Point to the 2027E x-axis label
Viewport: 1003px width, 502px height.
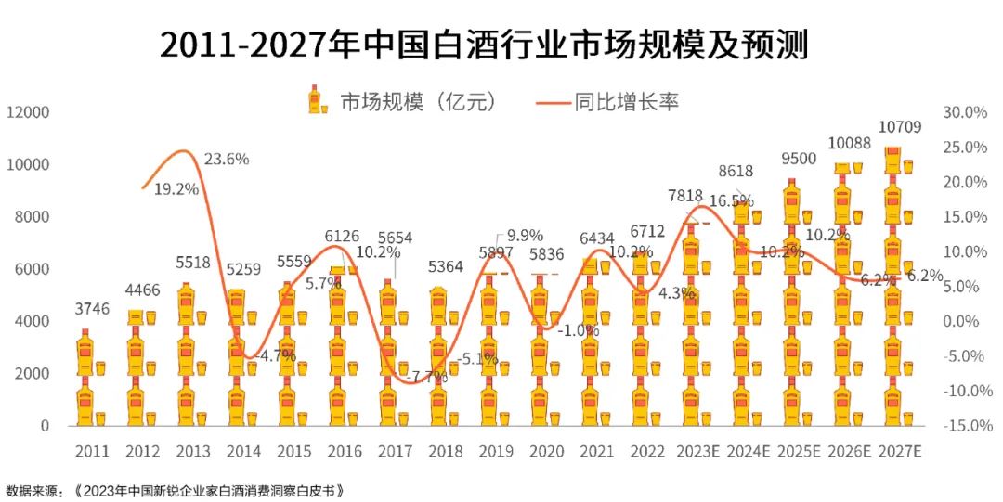tap(899, 452)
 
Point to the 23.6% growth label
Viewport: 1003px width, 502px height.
tap(227, 159)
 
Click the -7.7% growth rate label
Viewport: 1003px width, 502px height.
tap(403, 377)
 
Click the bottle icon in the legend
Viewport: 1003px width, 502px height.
tap(319, 100)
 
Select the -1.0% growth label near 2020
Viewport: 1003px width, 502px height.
tap(573, 329)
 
